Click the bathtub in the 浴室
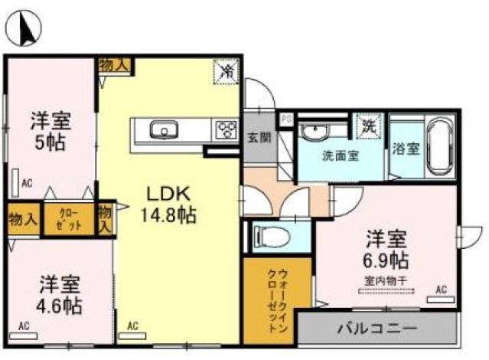tap(439, 146)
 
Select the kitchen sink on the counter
tap(163, 129)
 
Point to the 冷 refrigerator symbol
tap(227, 71)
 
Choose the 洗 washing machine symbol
tap(369, 125)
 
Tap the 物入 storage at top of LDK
tap(114, 66)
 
